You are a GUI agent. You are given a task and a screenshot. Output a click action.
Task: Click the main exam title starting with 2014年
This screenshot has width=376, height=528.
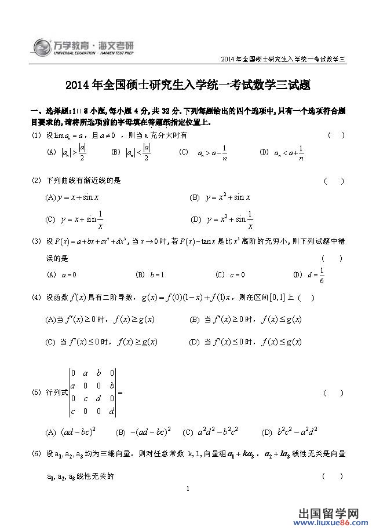click(x=188, y=86)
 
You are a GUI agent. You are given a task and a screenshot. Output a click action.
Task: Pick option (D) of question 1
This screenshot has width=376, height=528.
click(x=282, y=153)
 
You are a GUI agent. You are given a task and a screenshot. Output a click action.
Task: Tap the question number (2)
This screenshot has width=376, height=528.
click(x=36, y=181)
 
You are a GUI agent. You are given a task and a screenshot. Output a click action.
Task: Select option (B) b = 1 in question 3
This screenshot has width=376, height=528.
click(x=150, y=274)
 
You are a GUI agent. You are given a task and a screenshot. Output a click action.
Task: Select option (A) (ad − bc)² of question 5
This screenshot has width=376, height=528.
click(x=71, y=432)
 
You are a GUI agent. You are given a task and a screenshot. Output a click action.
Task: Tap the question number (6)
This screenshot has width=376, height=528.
click(x=36, y=454)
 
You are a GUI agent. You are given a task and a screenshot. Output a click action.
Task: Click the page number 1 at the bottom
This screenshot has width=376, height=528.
click(x=189, y=490)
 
